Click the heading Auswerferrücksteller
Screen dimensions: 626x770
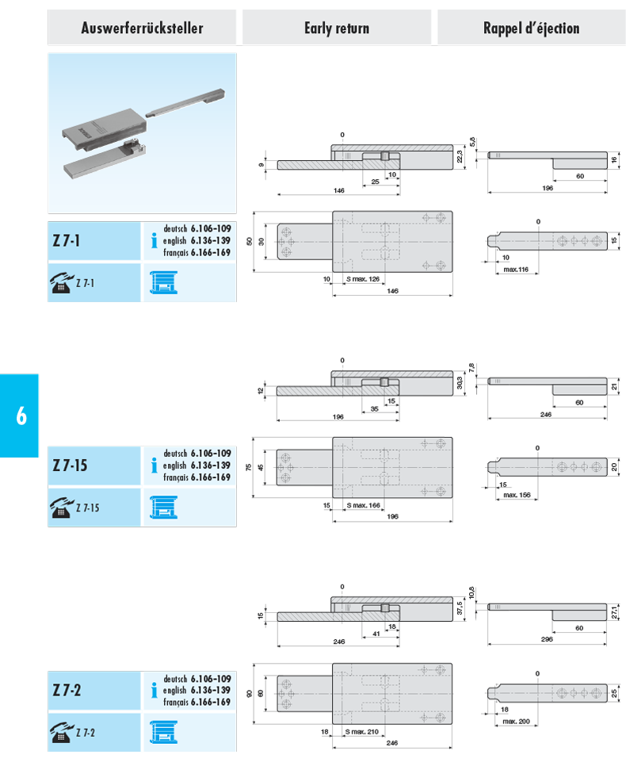pyautogui.click(x=142, y=28)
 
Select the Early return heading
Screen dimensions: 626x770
pyautogui.click(x=337, y=28)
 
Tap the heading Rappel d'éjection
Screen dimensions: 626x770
pyautogui.click(x=532, y=28)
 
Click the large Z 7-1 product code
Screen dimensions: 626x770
pyautogui.click(x=67, y=240)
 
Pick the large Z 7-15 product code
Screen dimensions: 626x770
pyautogui.click(x=70, y=465)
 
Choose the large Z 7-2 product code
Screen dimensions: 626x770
pyautogui.click(x=67, y=690)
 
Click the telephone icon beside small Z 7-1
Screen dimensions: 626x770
pyautogui.click(x=61, y=283)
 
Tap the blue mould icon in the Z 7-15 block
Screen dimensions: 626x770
pyautogui.click(x=163, y=508)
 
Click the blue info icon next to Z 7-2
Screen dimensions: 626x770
pyautogui.click(x=154, y=690)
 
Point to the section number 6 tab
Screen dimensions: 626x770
pyautogui.click(x=21, y=416)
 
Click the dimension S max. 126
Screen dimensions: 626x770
pyautogui.click(x=363, y=279)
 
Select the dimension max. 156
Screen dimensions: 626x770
pyautogui.click(x=517, y=495)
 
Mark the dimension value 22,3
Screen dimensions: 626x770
pyautogui.click(x=460, y=157)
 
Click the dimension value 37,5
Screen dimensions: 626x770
pyautogui.click(x=460, y=608)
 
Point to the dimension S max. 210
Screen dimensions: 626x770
pyautogui.click(x=361, y=732)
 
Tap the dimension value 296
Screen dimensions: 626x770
pyautogui.click(x=547, y=639)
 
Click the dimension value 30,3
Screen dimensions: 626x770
pyautogui.click(x=460, y=383)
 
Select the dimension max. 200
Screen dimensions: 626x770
pyautogui.click(x=516, y=722)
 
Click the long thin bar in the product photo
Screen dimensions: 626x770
pyautogui.click(x=185, y=103)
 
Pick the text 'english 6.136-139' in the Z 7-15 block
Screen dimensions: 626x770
pyautogui.click(x=197, y=465)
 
